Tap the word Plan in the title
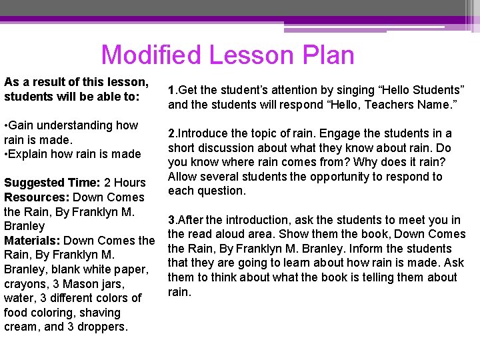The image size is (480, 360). coord(327,55)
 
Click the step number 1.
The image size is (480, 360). coord(171,90)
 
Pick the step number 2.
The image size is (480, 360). coord(171,133)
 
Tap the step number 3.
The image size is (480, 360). coord(171,220)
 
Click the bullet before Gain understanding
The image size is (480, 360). coord(6,125)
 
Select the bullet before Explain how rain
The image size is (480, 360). coord(6,154)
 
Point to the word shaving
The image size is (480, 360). coord(103,312)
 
